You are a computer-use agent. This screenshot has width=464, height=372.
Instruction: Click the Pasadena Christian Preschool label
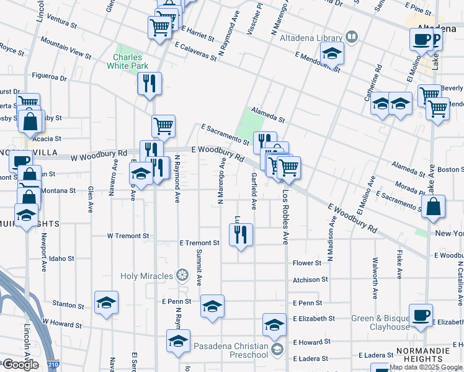(230, 350)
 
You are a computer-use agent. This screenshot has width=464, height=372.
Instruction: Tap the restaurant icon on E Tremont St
(240, 235)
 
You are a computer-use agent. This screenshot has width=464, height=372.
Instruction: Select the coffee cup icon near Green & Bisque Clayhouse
(421, 314)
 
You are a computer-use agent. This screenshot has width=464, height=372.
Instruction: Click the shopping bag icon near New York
(434, 208)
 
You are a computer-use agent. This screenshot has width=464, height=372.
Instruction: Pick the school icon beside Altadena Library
(333, 55)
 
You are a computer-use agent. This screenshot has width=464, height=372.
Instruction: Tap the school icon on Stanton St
(106, 303)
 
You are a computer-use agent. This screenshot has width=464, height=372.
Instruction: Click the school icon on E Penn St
(212, 306)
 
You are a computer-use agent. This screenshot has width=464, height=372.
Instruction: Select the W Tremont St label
(128, 236)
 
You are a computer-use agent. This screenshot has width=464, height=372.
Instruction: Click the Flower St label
(307, 263)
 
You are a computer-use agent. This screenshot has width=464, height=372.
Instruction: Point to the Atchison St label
(310, 280)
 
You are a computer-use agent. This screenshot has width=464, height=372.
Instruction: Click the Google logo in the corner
(20, 365)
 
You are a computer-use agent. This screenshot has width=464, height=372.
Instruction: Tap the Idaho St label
(62, 258)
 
